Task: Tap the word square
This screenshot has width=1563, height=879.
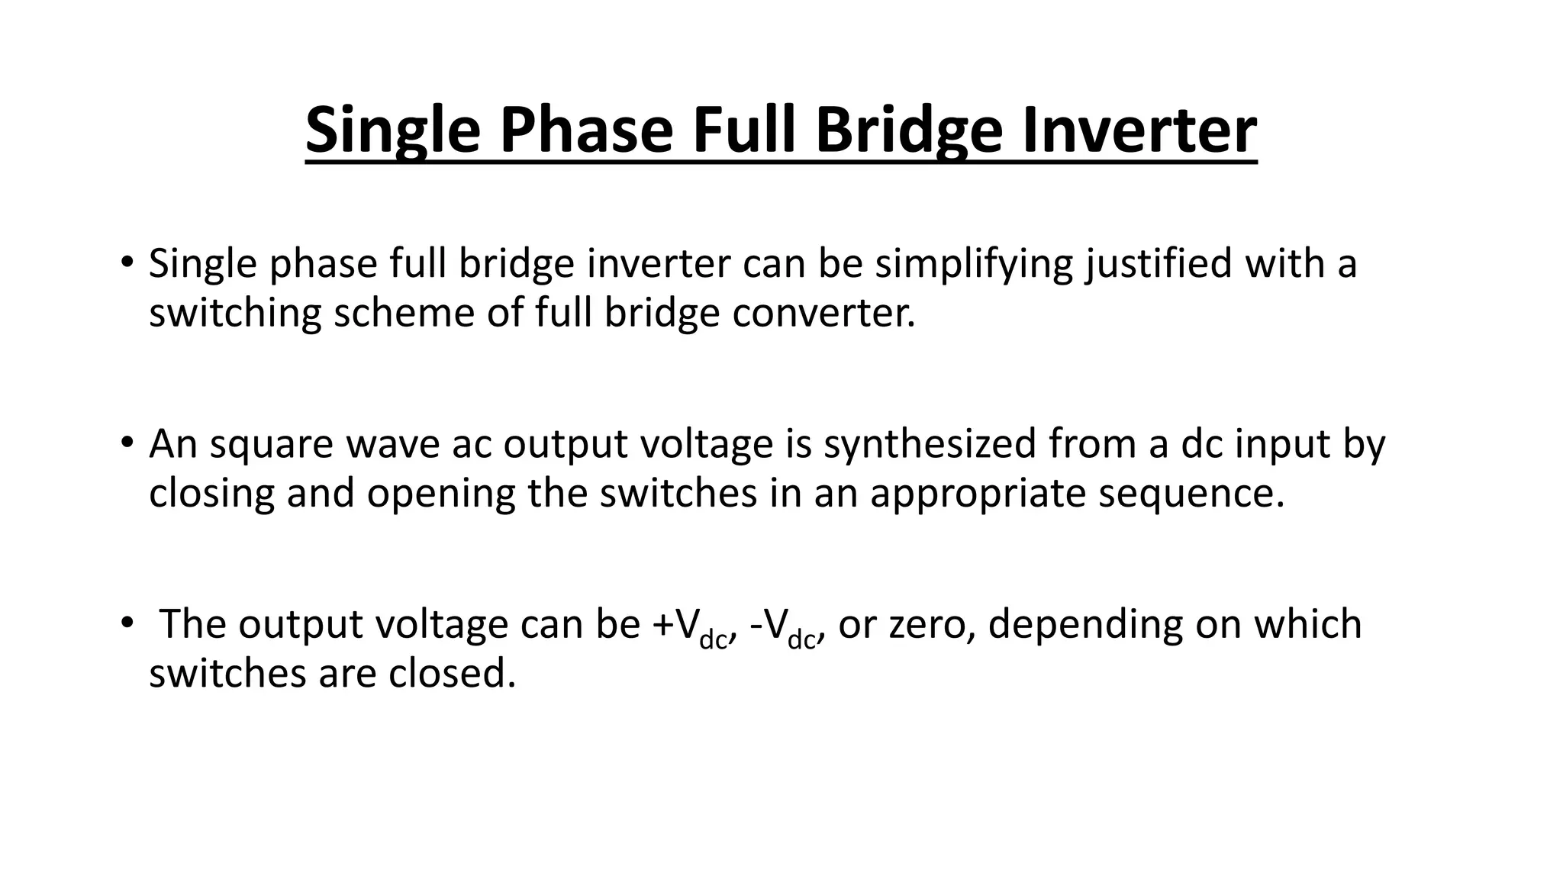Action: coord(271,445)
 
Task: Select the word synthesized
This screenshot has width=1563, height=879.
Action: coord(930,445)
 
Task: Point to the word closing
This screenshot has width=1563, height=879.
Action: coord(211,494)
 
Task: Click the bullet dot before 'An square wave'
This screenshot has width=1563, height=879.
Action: coord(126,443)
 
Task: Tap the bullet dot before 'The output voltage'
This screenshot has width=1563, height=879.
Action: coord(126,623)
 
